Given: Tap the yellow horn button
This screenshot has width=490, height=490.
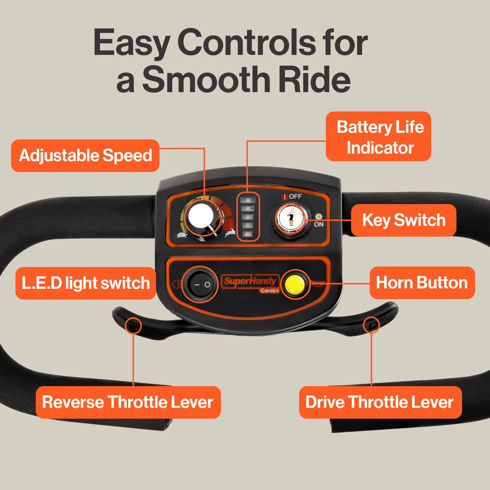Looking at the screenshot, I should (295, 283).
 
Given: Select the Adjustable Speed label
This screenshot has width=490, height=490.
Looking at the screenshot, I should (85, 156).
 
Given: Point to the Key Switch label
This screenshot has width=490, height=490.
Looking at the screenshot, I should (404, 220).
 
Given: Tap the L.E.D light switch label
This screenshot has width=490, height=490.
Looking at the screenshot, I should (86, 283).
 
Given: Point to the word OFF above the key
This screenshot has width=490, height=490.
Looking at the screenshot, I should (295, 196).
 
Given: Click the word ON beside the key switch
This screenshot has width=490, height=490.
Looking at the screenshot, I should (318, 224).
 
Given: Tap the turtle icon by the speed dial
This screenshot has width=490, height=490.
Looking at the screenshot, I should (182, 235).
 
